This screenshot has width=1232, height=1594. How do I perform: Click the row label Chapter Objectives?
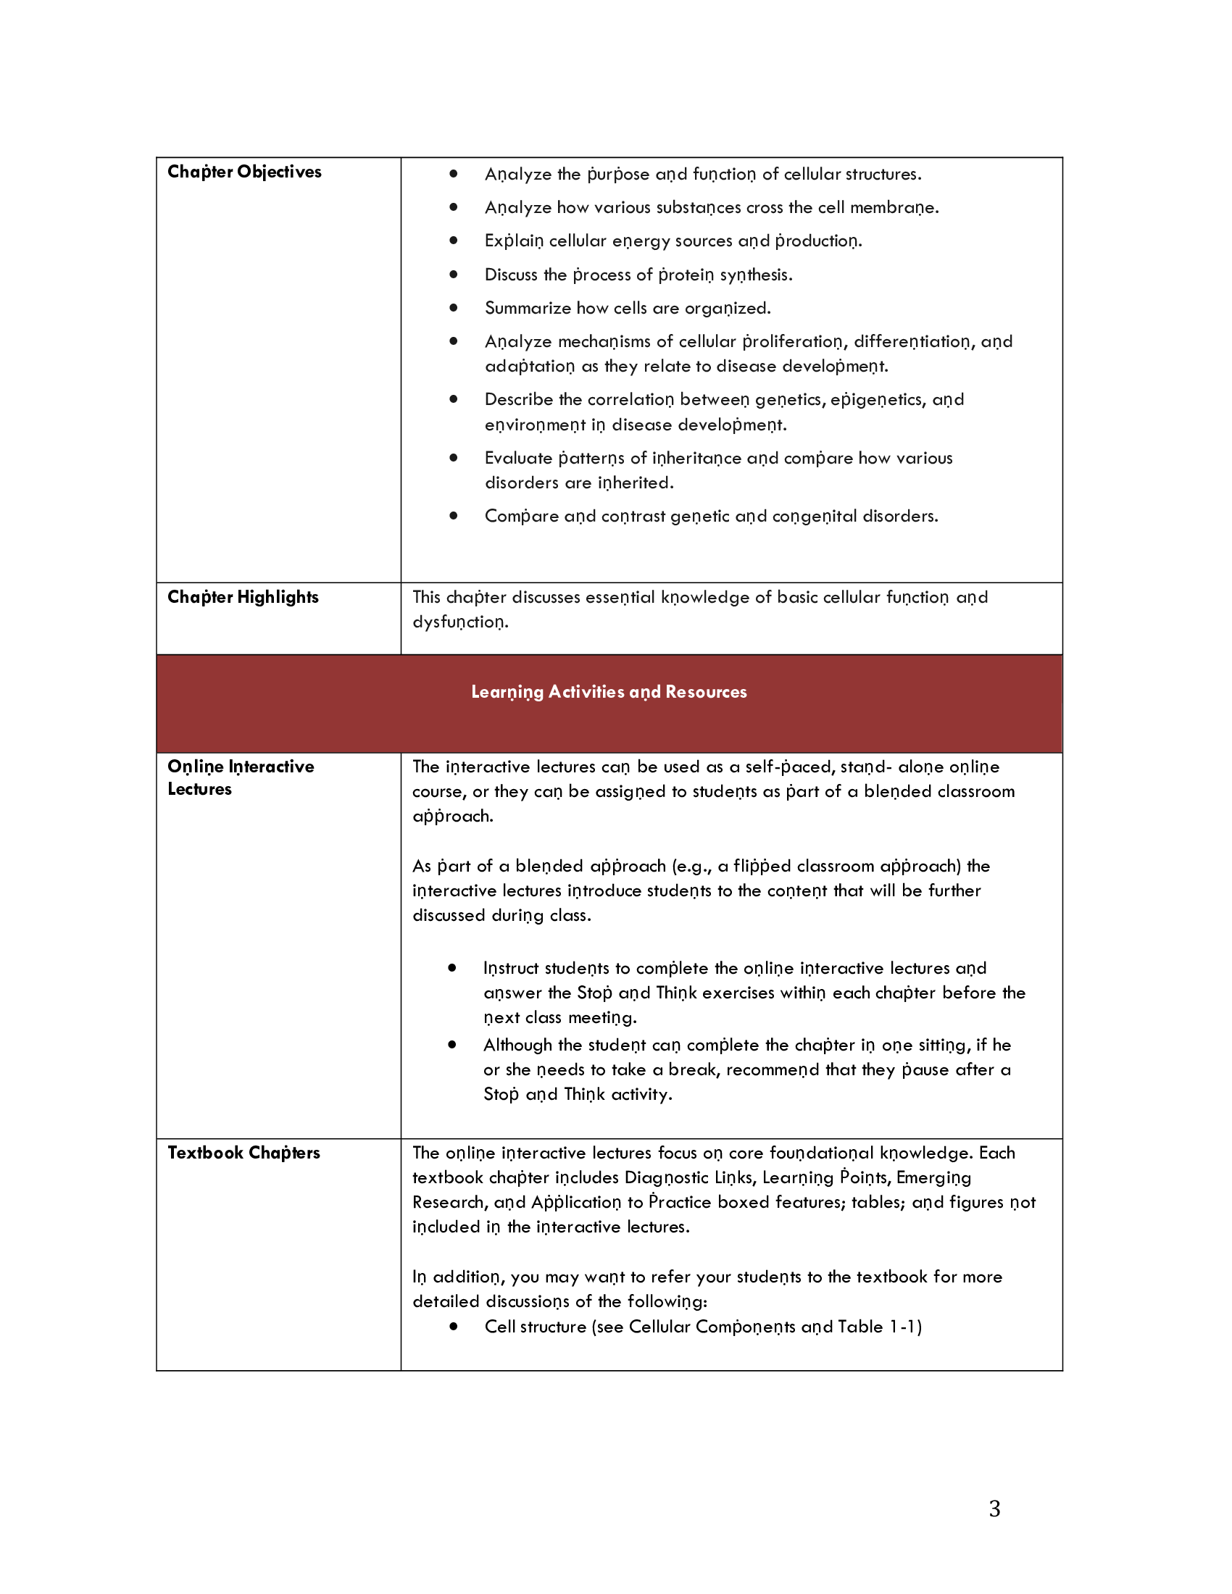[x=244, y=172]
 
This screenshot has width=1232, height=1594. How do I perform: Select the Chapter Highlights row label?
[x=242, y=597]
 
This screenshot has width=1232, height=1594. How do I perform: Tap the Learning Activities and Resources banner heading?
[x=609, y=692]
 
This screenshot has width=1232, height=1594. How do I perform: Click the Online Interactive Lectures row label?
[x=240, y=777]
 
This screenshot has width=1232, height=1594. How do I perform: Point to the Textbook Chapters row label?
[x=243, y=1153]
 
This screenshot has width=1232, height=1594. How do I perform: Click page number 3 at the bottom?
[x=994, y=1508]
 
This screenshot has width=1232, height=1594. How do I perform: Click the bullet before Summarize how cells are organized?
[x=453, y=308]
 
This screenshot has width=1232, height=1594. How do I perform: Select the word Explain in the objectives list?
[x=514, y=241]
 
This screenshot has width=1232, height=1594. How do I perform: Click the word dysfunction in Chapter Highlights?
[x=459, y=622]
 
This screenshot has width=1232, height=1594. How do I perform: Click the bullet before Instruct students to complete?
[x=452, y=968]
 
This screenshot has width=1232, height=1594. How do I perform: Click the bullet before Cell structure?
[x=453, y=1326]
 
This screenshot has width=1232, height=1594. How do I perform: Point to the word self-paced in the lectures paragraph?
[x=790, y=767]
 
